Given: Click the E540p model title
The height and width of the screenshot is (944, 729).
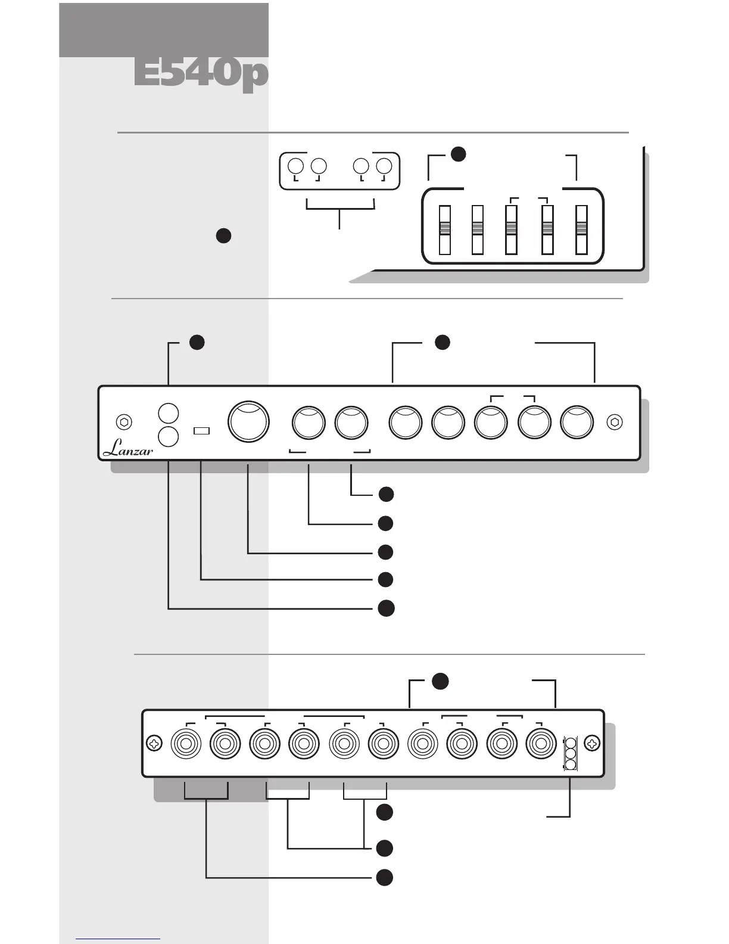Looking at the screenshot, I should [x=201, y=74].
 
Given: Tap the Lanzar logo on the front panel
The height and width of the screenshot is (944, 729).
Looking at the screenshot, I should [x=127, y=448].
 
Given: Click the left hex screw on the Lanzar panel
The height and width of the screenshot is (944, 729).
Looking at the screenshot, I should [x=124, y=422].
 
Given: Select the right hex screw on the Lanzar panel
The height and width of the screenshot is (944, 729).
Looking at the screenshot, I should [x=615, y=422].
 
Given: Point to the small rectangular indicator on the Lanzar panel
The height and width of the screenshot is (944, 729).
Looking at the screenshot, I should [x=202, y=430].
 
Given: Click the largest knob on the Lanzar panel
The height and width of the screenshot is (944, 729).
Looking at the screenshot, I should [x=248, y=421].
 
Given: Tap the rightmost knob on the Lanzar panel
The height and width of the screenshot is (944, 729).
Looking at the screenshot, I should [x=577, y=423].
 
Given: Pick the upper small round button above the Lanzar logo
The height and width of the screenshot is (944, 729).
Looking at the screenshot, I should [x=169, y=412].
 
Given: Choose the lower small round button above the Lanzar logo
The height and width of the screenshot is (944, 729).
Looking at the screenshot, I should [x=169, y=436].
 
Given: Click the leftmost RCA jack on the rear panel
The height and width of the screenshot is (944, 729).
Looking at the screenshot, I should [x=186, y=744].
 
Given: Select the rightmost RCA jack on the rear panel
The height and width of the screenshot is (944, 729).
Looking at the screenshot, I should [x=541, y=744].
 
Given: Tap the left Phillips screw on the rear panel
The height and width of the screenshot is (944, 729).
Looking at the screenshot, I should [x=154, y=744].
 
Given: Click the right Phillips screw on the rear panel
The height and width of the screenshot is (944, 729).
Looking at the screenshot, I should [x=592, y=744].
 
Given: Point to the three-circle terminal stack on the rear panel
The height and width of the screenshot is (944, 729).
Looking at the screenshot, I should [x=570, y=754].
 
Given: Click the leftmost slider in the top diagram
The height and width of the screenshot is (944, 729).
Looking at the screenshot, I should [x=444, y=230].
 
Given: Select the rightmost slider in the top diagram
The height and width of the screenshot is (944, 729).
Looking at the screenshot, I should [x=581, y=230].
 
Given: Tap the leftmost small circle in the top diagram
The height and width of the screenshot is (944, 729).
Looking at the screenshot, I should [x=296, y=166].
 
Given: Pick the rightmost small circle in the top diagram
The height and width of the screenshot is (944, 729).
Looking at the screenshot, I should [x=384, y=166].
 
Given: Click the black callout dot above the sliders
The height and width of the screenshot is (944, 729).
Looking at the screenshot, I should [x=457, y=154].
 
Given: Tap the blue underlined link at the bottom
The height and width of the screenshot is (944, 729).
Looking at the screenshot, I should [x=118, y=939].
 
